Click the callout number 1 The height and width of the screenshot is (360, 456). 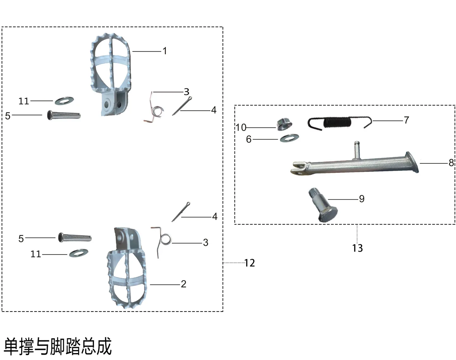pyautogui.click(x=165, y=51)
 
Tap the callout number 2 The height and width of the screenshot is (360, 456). pyautogui.click(x=183, y=284)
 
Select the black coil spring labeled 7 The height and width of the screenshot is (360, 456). pyautogui.click(x=340, y=123)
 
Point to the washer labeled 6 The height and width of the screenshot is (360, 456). pyautogui.click(x=289, y=138)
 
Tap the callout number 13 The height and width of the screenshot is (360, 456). pyautogui.click(x=358, y=248)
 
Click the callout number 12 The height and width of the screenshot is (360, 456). pyautogui.click(x=250, y=263)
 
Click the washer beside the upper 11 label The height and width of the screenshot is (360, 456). pyautogui.click(x=64, y=101)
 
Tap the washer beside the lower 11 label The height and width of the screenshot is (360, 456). pyautogui.click(x=79, y=253)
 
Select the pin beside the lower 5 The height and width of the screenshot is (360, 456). pyautogui.click(x=75, y=237)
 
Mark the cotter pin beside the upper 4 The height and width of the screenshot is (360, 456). pyautogui.click(x=182, y=106)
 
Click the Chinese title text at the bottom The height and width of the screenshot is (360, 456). pyautogui.click(x=58, y=346)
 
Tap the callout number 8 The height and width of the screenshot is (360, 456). pyautogui.click(x=451, y=163)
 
